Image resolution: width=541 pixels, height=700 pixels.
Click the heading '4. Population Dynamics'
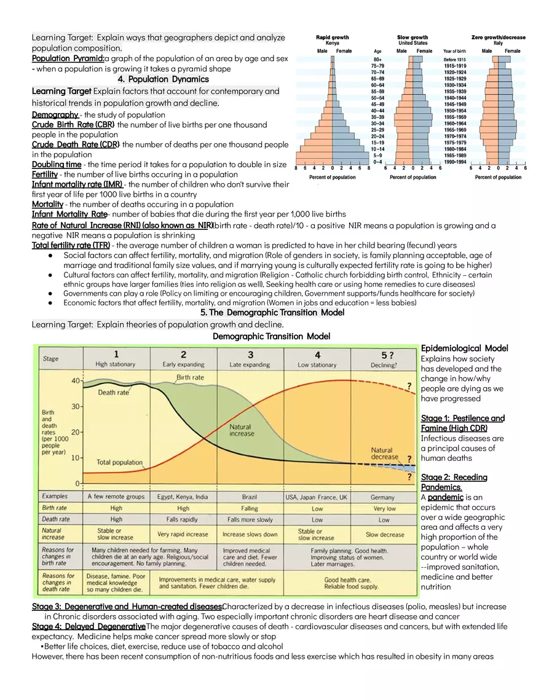click(x=163, y=79)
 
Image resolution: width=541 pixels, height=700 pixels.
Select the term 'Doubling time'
click(x=57, y=165)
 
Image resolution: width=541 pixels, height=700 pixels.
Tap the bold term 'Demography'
click(x=55, y=115)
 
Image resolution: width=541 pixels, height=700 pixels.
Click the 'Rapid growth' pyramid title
click(x=332, y=37)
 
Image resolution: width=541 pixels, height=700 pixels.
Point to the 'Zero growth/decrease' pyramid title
click(x=498, y=37)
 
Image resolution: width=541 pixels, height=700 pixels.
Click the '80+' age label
click(x=378, y=59)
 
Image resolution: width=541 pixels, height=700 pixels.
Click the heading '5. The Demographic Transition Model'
click(x=272, y=313)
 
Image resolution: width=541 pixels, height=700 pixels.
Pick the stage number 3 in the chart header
click(x=250, y=355)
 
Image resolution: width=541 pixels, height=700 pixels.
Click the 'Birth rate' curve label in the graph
click(x=191, y=377)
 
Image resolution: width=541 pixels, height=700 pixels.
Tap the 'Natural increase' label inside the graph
click(x=241, y=430)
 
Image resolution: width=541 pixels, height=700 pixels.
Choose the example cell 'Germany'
click(x=383, y=497)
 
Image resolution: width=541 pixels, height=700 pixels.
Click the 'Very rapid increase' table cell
click(x=183, y=534)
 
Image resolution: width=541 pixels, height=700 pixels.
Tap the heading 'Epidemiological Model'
click(x=464, y=348)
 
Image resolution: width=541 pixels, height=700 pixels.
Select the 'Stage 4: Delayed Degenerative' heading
click(x=89, y=626)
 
